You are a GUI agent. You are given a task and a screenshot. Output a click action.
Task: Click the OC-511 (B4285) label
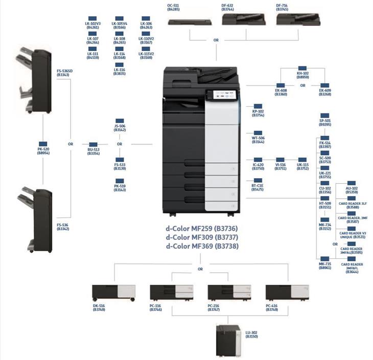coord(173,7)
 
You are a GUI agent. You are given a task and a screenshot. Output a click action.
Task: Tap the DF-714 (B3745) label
coord(282,7)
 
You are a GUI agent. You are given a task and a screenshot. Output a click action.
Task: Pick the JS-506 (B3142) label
coord(120,128)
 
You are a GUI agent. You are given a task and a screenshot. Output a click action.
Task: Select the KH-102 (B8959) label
coord(302,75)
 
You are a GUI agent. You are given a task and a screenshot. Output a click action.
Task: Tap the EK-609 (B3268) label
coord(325,92)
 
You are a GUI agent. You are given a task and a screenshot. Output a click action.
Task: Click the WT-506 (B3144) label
coord(258,139)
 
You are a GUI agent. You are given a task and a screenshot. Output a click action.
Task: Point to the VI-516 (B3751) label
coord(281,166)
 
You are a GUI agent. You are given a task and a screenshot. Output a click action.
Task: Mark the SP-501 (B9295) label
coord(325,122)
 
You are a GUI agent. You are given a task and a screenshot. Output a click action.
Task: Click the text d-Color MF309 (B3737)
coord(201,237)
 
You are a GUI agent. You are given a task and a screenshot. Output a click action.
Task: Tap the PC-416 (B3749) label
coord(272,307)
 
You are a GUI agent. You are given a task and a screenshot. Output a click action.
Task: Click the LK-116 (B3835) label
coord(120,72)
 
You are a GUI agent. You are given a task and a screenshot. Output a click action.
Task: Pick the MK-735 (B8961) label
coord(325,266)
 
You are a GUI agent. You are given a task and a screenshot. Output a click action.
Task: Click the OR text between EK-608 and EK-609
coord(303,86)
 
